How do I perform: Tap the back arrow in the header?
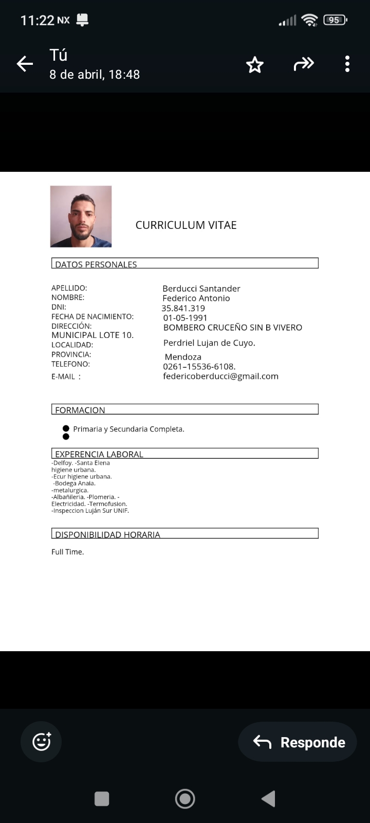[x=25, y=64]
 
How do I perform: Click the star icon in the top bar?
[x=255, y=65]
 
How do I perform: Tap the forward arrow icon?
[x=303, y=64]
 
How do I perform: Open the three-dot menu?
[x=347, y=64]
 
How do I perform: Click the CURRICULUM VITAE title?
[x=186, y=225]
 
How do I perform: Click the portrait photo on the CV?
[x=81, y=217]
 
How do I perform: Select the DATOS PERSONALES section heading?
[x=96, y=264]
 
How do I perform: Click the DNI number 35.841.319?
[x=183, y=308]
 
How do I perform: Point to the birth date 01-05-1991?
[x=185, y=318]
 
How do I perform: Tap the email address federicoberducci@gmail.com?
[x=221, y=376]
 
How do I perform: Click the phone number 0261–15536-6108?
[x=199, y=367]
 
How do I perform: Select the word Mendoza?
[x=183, y=357]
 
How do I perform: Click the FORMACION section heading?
[x=80, y=410]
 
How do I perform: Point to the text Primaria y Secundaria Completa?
[x=128, y=429]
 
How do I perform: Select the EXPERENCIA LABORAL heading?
[x=99, y=454]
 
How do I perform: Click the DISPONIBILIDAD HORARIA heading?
[x=108, y=534]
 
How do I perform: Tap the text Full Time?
[x=67, y=552]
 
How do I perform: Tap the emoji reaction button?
[x=41, y=742]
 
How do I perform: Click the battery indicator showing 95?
[x=335, y=20]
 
